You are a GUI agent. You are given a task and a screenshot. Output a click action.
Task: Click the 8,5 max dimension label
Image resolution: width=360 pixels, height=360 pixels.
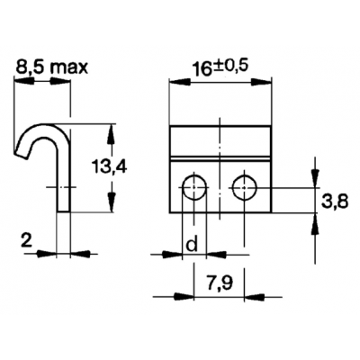pos(51,67)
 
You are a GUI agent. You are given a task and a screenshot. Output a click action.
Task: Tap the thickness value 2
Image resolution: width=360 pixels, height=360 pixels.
pos(27,240)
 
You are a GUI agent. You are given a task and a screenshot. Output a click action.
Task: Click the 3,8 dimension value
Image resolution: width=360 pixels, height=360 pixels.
pos(335,202)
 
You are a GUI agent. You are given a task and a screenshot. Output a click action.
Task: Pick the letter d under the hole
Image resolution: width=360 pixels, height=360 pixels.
pos(192,245)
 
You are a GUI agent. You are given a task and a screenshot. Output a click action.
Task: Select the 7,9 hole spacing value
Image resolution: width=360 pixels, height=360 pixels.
pos(220,283)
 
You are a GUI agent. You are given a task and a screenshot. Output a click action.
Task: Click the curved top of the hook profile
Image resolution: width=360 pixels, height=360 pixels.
pos(42,127)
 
